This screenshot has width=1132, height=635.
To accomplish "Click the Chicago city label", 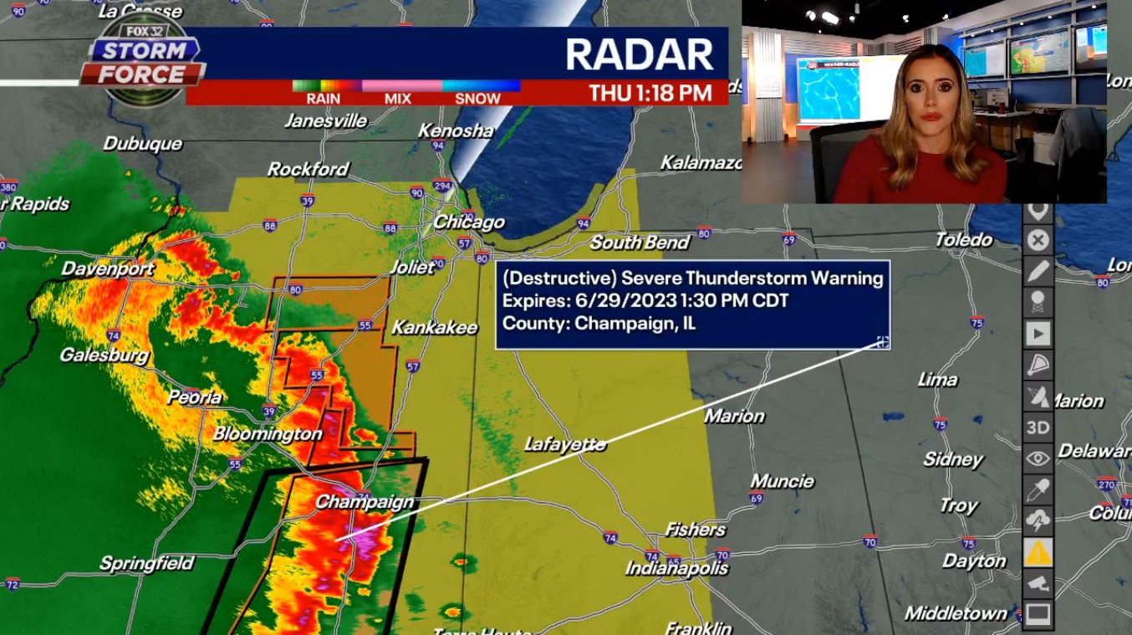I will (469, 222).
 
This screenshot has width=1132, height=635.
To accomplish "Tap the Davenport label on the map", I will (108, 269).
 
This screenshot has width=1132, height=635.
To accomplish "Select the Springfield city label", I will (146, 563).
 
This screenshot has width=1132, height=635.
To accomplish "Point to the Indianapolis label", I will (677, 568).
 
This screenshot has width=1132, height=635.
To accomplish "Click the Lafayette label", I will (565, 444).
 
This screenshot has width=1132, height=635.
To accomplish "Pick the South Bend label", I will (640, 243).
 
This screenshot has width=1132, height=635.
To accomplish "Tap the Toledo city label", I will (963, 239).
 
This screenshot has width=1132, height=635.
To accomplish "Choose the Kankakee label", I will (435, 327).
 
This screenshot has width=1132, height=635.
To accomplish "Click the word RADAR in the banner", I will (639, 54).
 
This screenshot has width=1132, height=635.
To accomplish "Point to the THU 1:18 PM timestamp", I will (650, 93).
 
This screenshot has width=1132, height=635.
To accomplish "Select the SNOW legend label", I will (477, 99).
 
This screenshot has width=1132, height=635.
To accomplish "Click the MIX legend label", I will (398, 99).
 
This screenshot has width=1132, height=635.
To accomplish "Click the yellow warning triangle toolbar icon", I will (1038, 552).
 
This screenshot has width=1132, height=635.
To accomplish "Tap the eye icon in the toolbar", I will (1038, 458).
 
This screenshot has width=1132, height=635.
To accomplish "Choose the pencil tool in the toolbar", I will (1038, 271).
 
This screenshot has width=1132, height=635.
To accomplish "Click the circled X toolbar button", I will (1038, 241).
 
